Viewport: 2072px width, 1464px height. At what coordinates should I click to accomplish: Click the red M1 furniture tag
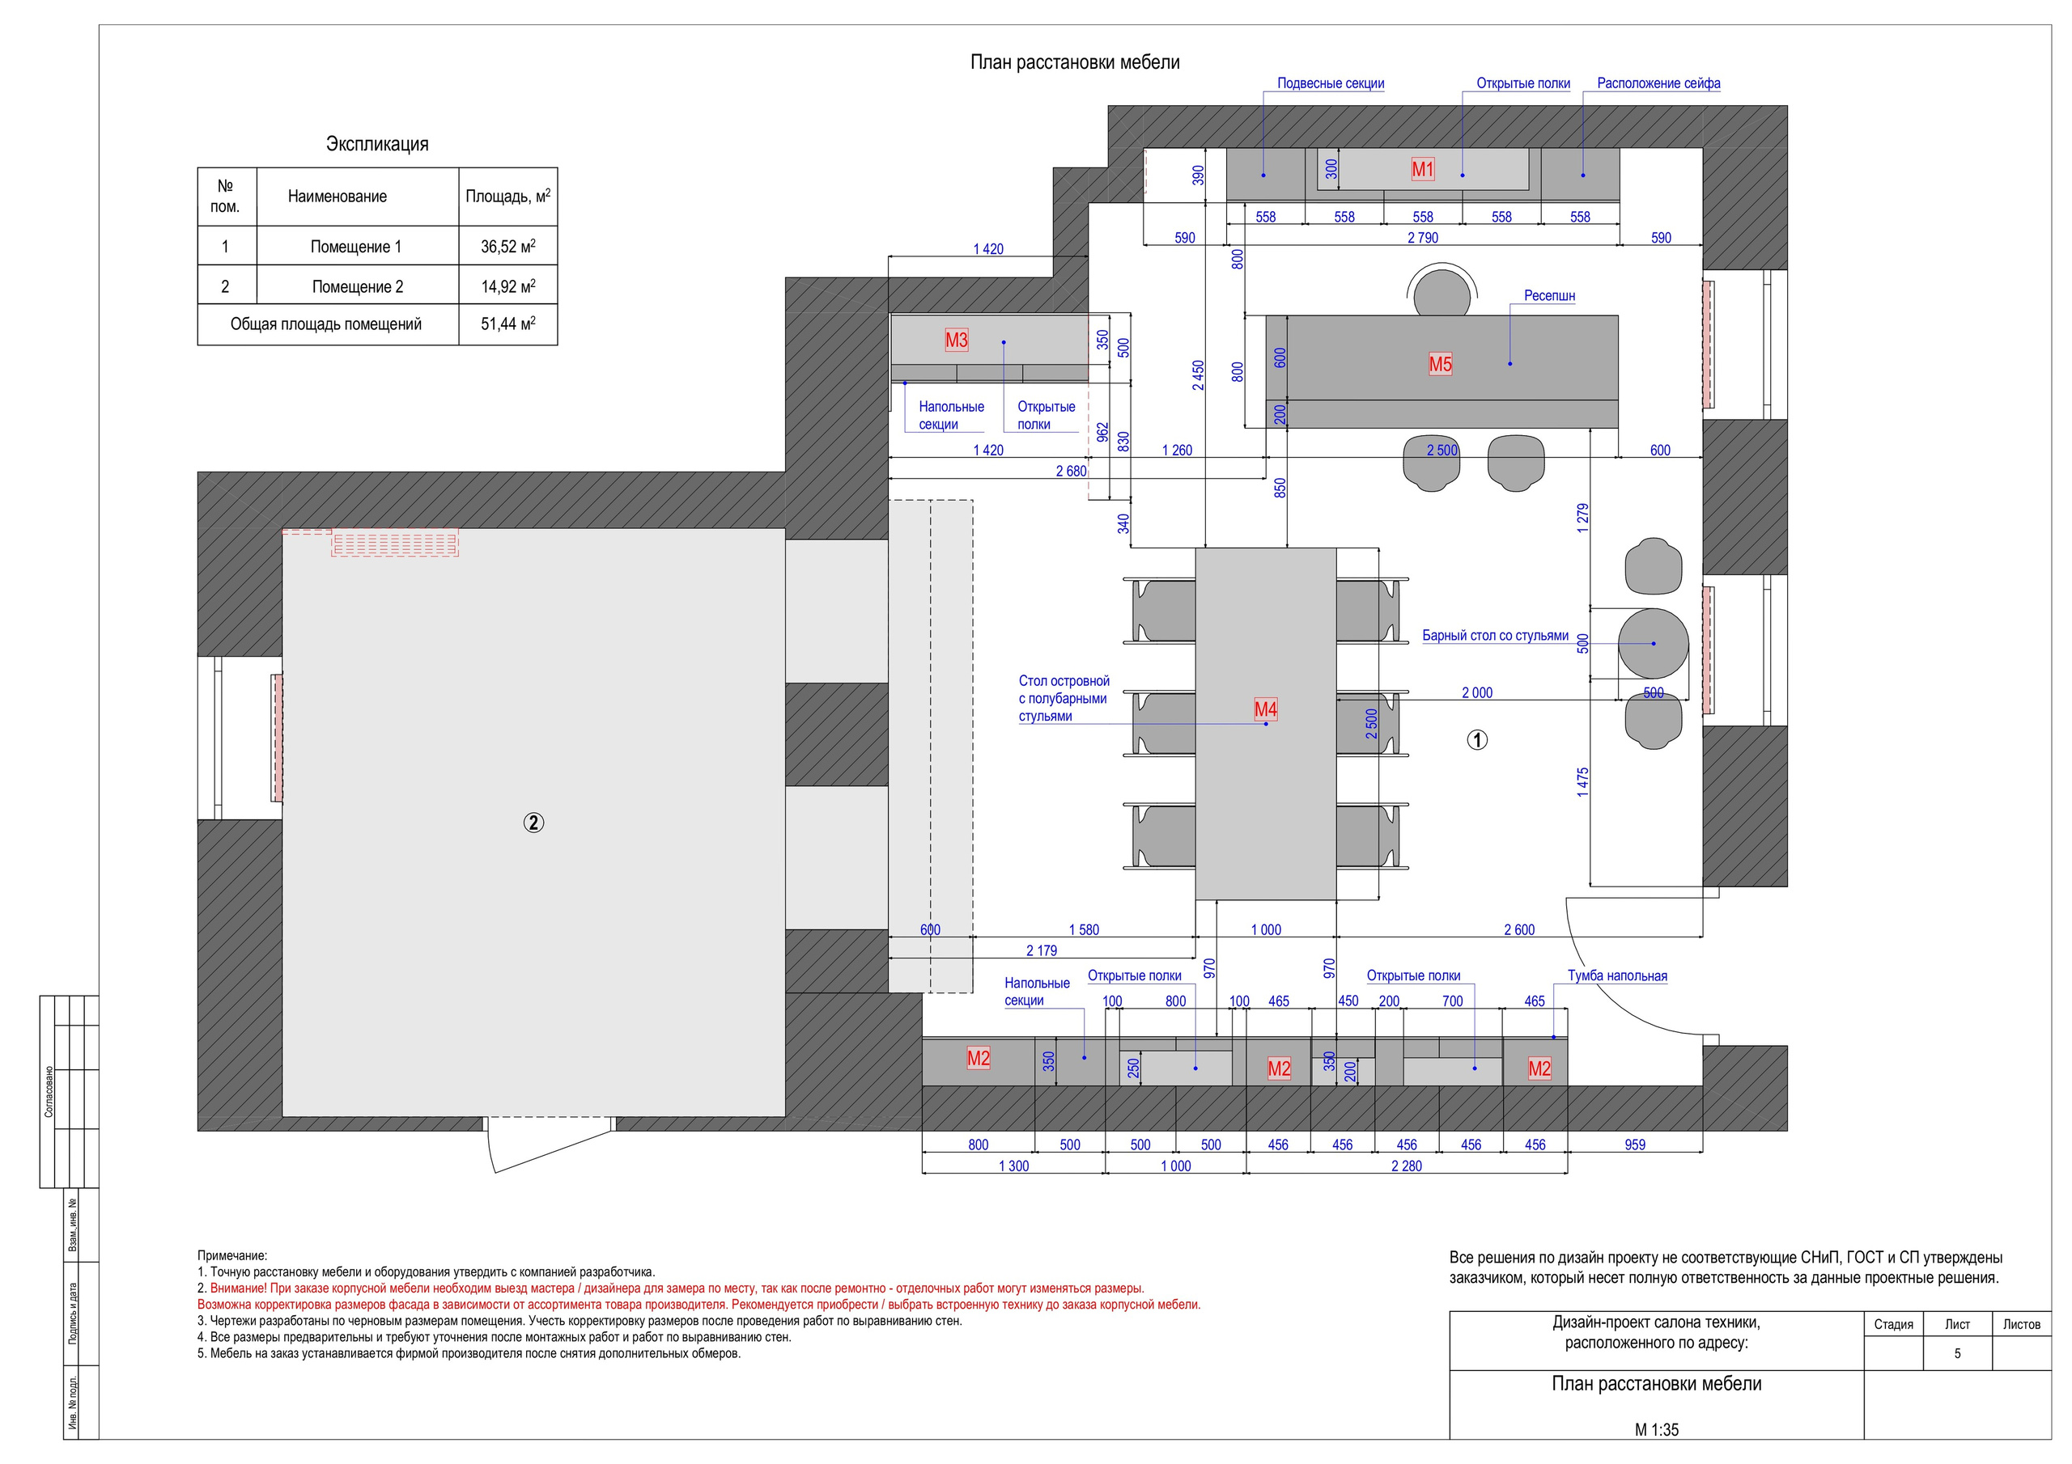(x=1422, y=169)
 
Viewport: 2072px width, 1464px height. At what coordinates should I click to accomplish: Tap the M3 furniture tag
(x=956, y=340)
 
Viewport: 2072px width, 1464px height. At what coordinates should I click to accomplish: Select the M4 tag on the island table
(x=1265, y=709)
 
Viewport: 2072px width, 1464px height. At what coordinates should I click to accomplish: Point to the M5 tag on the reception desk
(x=1441, y=365)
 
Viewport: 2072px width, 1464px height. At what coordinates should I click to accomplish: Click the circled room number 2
(x=533, y=823)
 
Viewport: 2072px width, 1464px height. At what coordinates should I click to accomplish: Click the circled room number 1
(x=1476, y=739)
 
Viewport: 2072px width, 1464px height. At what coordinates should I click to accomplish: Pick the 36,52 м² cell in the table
(x=508, y=246)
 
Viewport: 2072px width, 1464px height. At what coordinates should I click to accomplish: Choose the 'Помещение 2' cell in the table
(x=358, y=287)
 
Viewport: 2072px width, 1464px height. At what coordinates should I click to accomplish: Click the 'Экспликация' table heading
(x=377, y=144)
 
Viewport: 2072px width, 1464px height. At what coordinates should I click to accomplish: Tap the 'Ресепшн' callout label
(x=1549, y=296)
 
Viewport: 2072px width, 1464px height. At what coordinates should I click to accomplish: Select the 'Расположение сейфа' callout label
(x=1658, y=83)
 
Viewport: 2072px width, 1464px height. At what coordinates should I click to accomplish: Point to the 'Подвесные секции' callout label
(x=1330, y=83)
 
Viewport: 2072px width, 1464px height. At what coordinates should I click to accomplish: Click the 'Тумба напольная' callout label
(x=1617, y=976)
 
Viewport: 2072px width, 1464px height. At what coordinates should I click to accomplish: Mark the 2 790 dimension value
(x=1422, y=238)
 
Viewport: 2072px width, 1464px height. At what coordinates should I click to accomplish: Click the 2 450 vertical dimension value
(x=1198, y=375)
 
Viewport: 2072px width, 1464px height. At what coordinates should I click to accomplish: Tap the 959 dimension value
(x=1634, y=1145)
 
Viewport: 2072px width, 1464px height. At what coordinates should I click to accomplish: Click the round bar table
(x=1653, y=643)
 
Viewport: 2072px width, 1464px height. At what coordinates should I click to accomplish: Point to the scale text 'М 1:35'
(x=1657, y=1430)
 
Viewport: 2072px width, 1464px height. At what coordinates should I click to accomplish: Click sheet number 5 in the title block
(x=1956, y=1353)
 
